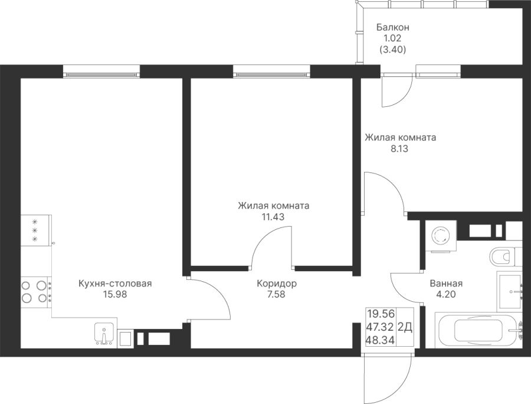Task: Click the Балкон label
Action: coord(392,28)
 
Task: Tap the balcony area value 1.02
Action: coord(392,39)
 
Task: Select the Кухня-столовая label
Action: coord(115,284)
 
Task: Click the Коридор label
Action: coord(277,284)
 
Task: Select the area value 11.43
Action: coord(273,217)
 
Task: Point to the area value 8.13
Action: coord(399,149)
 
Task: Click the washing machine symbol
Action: coord(440,236)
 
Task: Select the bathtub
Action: coord(478,331)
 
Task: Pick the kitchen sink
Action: coord(104,335)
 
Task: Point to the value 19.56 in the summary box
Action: coord(381,313)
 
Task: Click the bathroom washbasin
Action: coord(509,291)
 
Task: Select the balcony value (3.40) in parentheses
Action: coord(392,50)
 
